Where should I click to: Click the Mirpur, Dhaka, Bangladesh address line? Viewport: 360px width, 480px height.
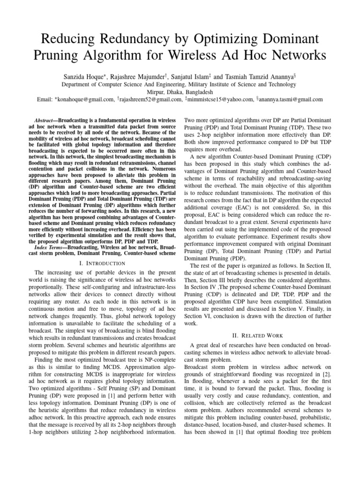coord(180,92)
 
